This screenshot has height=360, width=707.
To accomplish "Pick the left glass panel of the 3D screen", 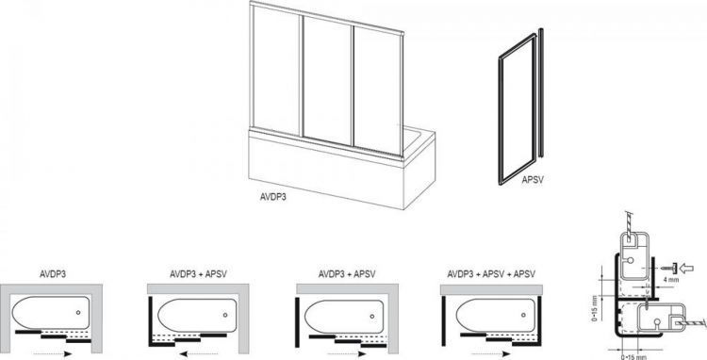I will [276, 75].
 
